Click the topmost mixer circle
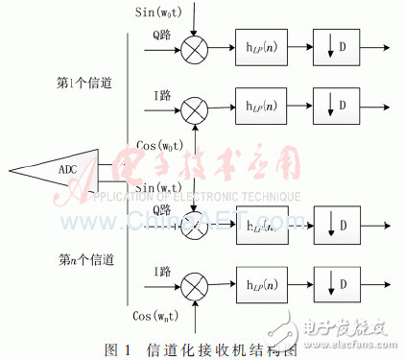pyautogui.click(x=195, y=45)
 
